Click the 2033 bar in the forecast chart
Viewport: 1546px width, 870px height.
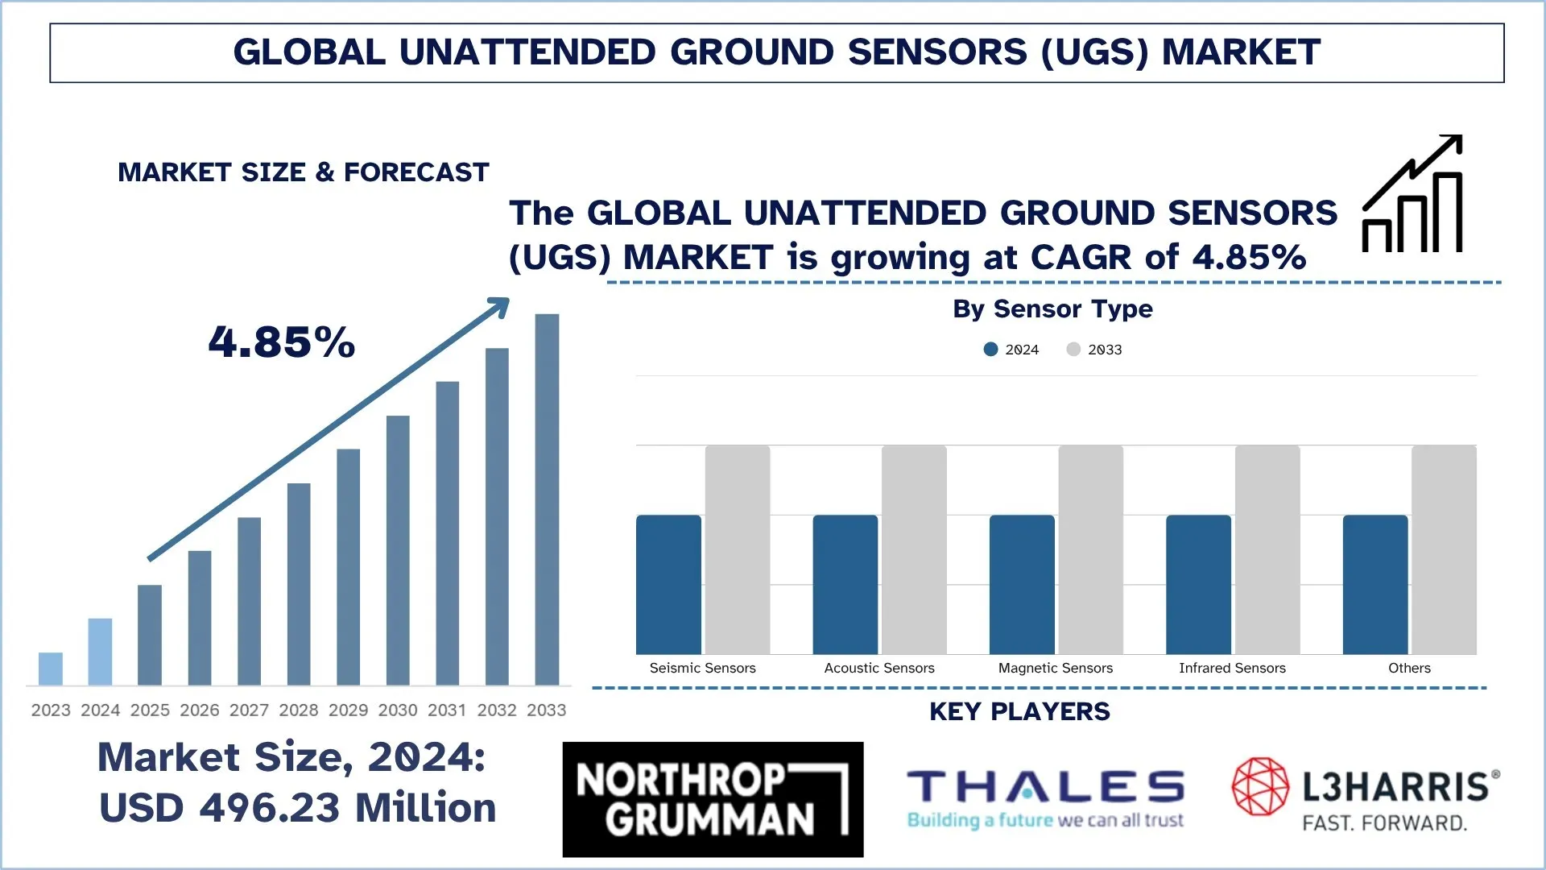(x=547, y=499)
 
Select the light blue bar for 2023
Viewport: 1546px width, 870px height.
(x=51, y=669)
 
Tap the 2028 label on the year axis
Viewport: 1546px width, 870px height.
(x=299, y=710)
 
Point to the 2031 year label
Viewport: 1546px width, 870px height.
(x=447, y=710)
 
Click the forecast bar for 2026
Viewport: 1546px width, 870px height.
(x=200, y=618)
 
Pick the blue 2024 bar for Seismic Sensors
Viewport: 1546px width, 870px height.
(x=668, y=585)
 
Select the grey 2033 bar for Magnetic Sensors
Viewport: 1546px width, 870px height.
(x=1090, y=549)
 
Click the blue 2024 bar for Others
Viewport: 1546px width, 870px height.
(x=1375, y=585)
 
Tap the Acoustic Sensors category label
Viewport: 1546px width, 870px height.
(x=879, y=668)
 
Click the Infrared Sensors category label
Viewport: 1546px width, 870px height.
(x=1232, y=668)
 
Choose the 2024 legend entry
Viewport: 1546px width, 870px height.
(x=1012, y=350)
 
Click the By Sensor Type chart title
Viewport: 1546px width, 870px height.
(x=1052, y=309)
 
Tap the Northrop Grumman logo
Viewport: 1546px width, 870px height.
(x=713, y=799)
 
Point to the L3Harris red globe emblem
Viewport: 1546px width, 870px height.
(x=1261, y=786)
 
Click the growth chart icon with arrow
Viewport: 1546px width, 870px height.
(x=1413, y=194)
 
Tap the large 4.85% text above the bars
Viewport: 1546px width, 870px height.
(x=282, y=342)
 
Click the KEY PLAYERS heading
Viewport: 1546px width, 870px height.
(x=1019, y=712)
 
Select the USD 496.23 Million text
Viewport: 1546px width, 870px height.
(x=298, y=808)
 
